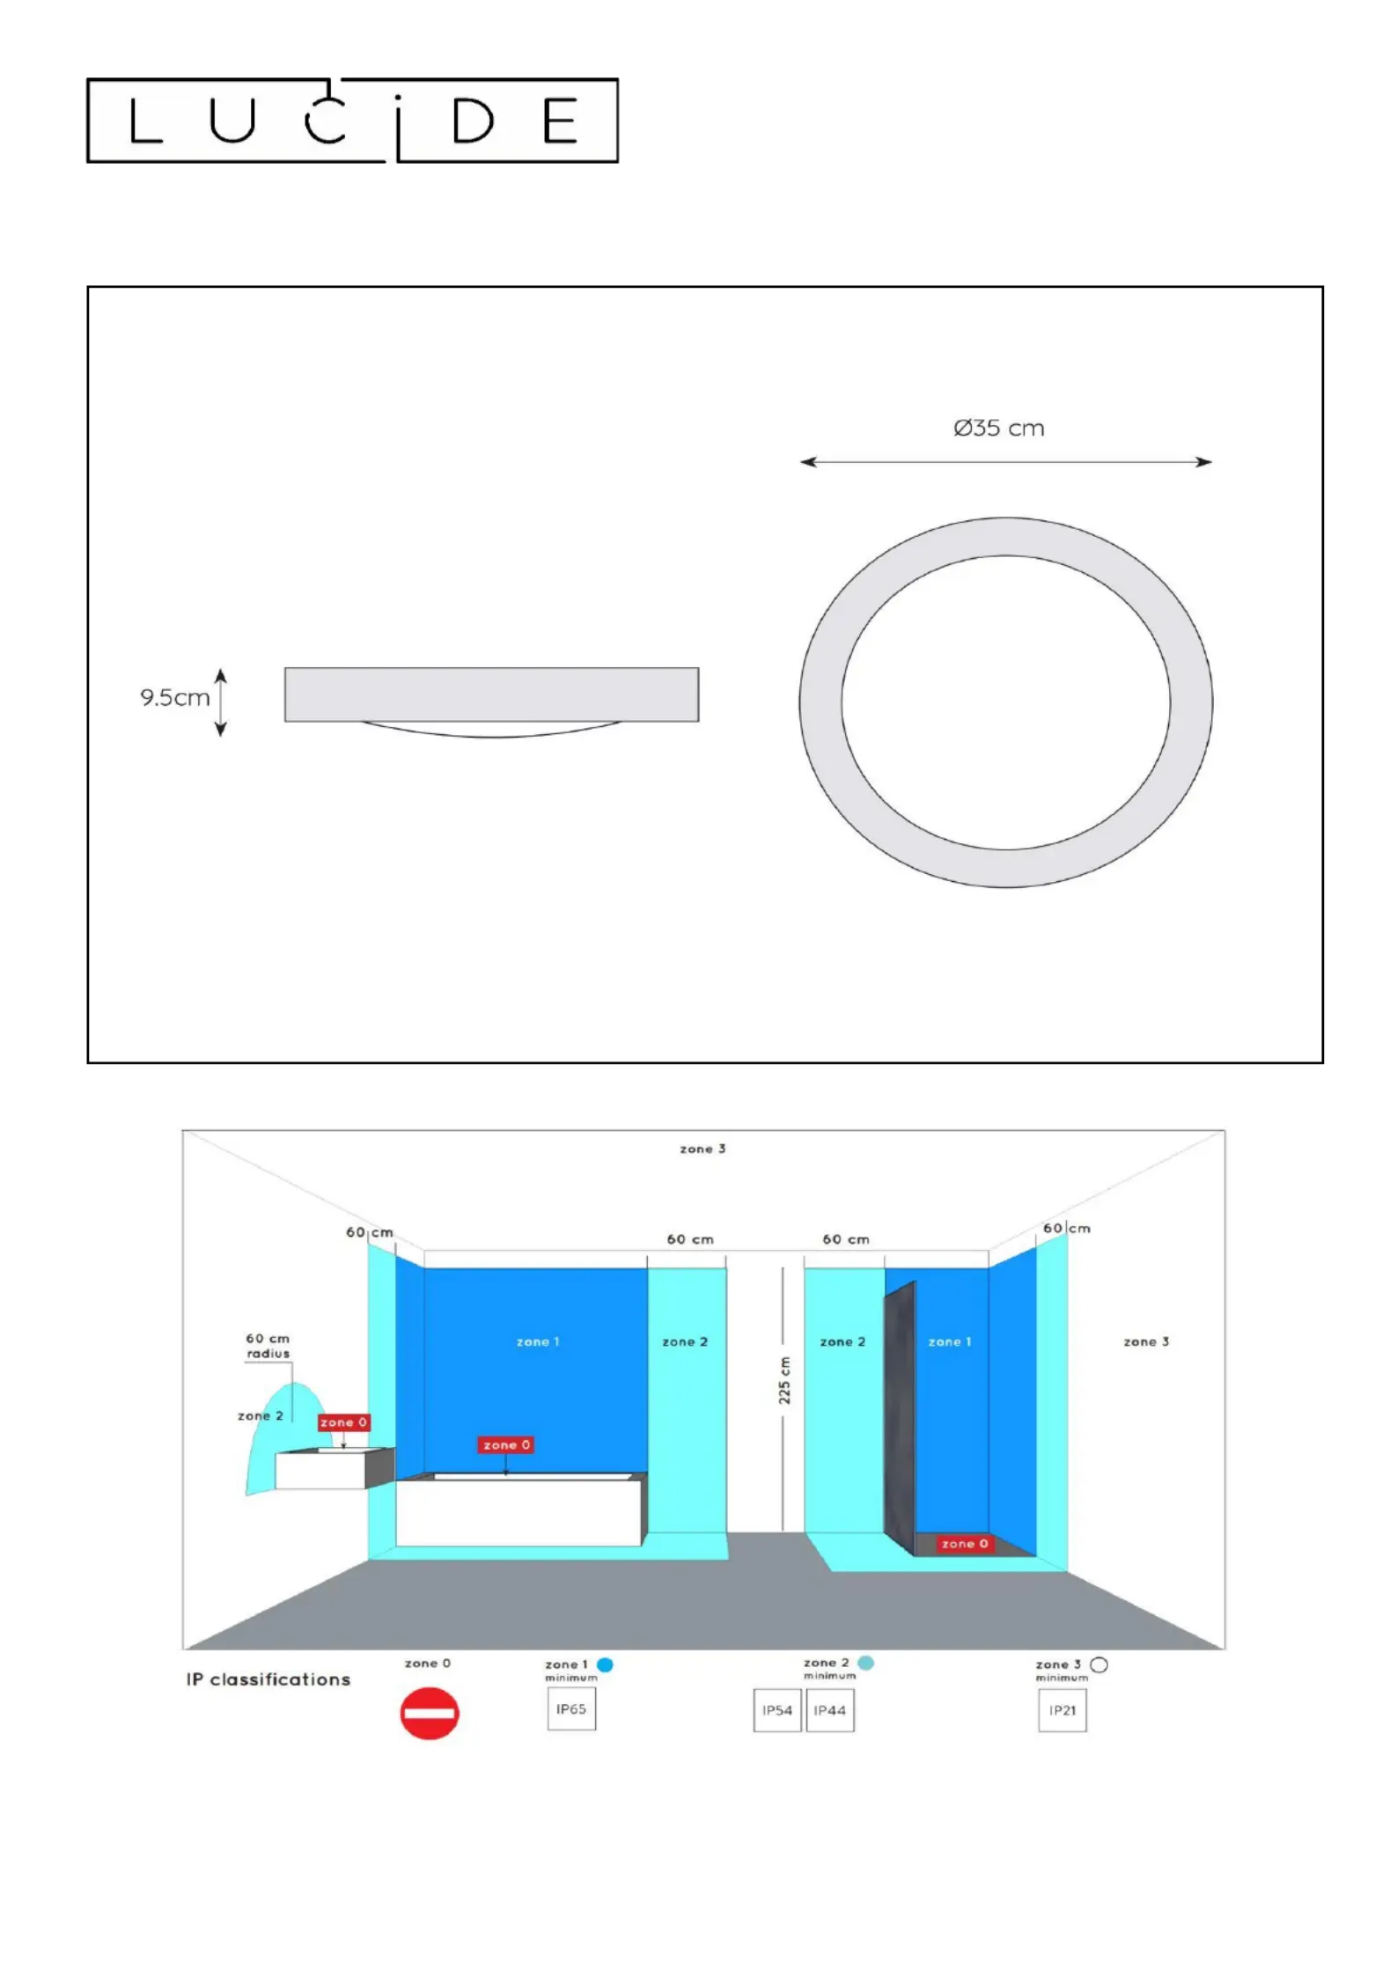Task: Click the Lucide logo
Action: (352, 120)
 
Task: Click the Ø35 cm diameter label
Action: (999, 429)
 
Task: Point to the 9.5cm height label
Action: (174, 698)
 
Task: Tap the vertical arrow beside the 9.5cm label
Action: (221, 702)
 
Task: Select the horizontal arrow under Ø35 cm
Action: (1005, 462)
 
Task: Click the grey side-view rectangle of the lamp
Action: (491, 694)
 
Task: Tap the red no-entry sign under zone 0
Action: (430, 1713)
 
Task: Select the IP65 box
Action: (571, 1709)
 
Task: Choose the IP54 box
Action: (777, 1710)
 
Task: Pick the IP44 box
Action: (830, 1710)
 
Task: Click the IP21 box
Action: (1062, 1710)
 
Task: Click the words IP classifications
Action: (268, 1679)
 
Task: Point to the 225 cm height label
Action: (783, 1380)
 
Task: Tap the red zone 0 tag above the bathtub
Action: (506, 1444)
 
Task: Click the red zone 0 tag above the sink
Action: (343, 1422)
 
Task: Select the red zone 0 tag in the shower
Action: (965, 1544)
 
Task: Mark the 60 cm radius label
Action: (268, 1346)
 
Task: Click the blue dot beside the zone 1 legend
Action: (605, 1664)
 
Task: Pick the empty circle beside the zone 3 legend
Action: (1099, 1664)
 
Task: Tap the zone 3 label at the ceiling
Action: (702, 1149)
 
